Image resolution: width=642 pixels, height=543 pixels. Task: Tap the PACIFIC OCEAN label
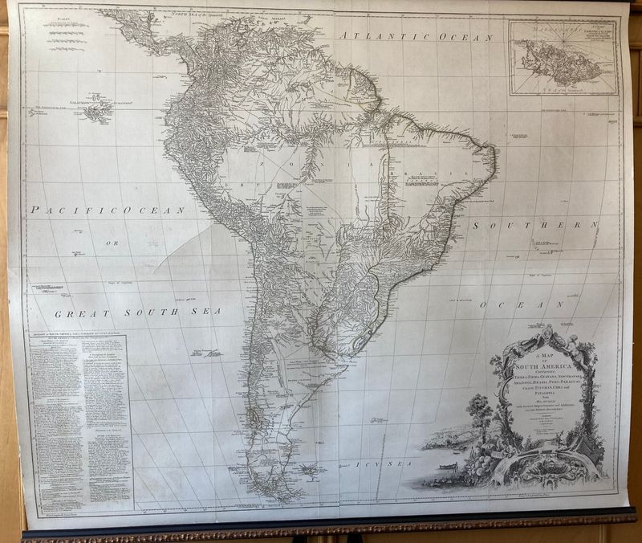click(108, 210)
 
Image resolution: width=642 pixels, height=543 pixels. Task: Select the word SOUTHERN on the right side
click(535, 226)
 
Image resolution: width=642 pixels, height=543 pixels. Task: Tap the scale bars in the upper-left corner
click(65, 28)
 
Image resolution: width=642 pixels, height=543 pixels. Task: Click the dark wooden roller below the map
click(321, 531)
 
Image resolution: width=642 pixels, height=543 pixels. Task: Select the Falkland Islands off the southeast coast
click(308, 468)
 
